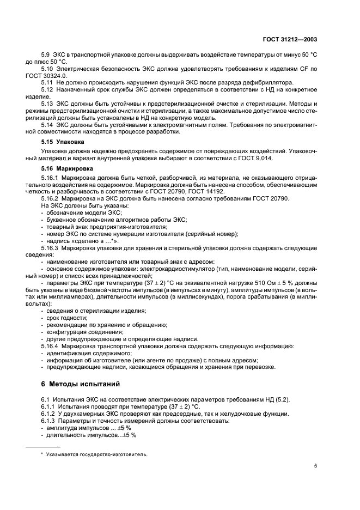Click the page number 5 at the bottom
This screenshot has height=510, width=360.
pyautogui.click(x=315, y=466)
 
